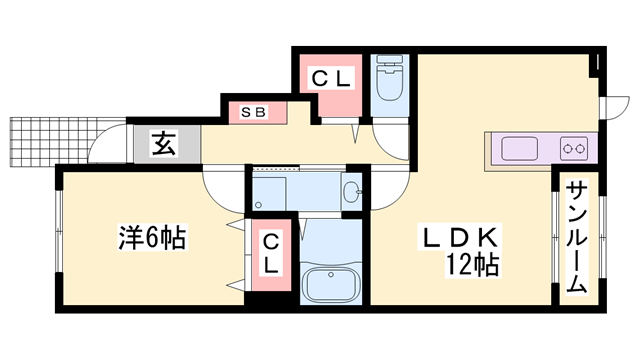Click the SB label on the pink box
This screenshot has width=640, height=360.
click(x=254, y=112)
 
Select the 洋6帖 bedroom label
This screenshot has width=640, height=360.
click(x=150, y=239)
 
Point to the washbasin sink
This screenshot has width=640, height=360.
click(x=351, y=192)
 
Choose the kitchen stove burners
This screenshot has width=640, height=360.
click(x=575, y=150)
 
